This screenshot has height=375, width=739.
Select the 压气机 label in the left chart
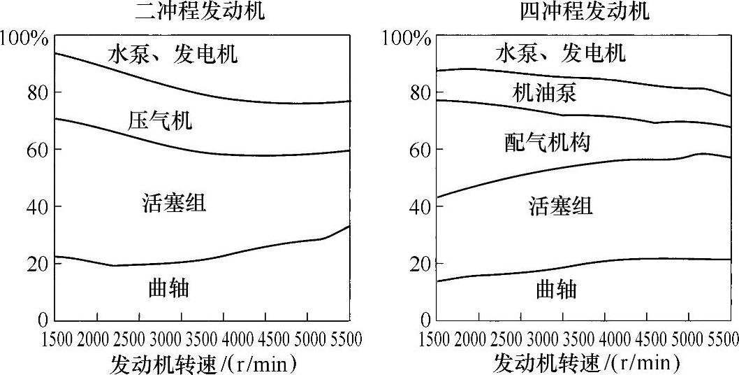point(160,121)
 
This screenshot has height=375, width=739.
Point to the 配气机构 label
point(548,143)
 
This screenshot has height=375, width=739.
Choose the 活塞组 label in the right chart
point(560,206)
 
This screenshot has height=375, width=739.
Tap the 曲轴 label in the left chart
point(169,288)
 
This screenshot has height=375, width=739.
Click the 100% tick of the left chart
point(24,38)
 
